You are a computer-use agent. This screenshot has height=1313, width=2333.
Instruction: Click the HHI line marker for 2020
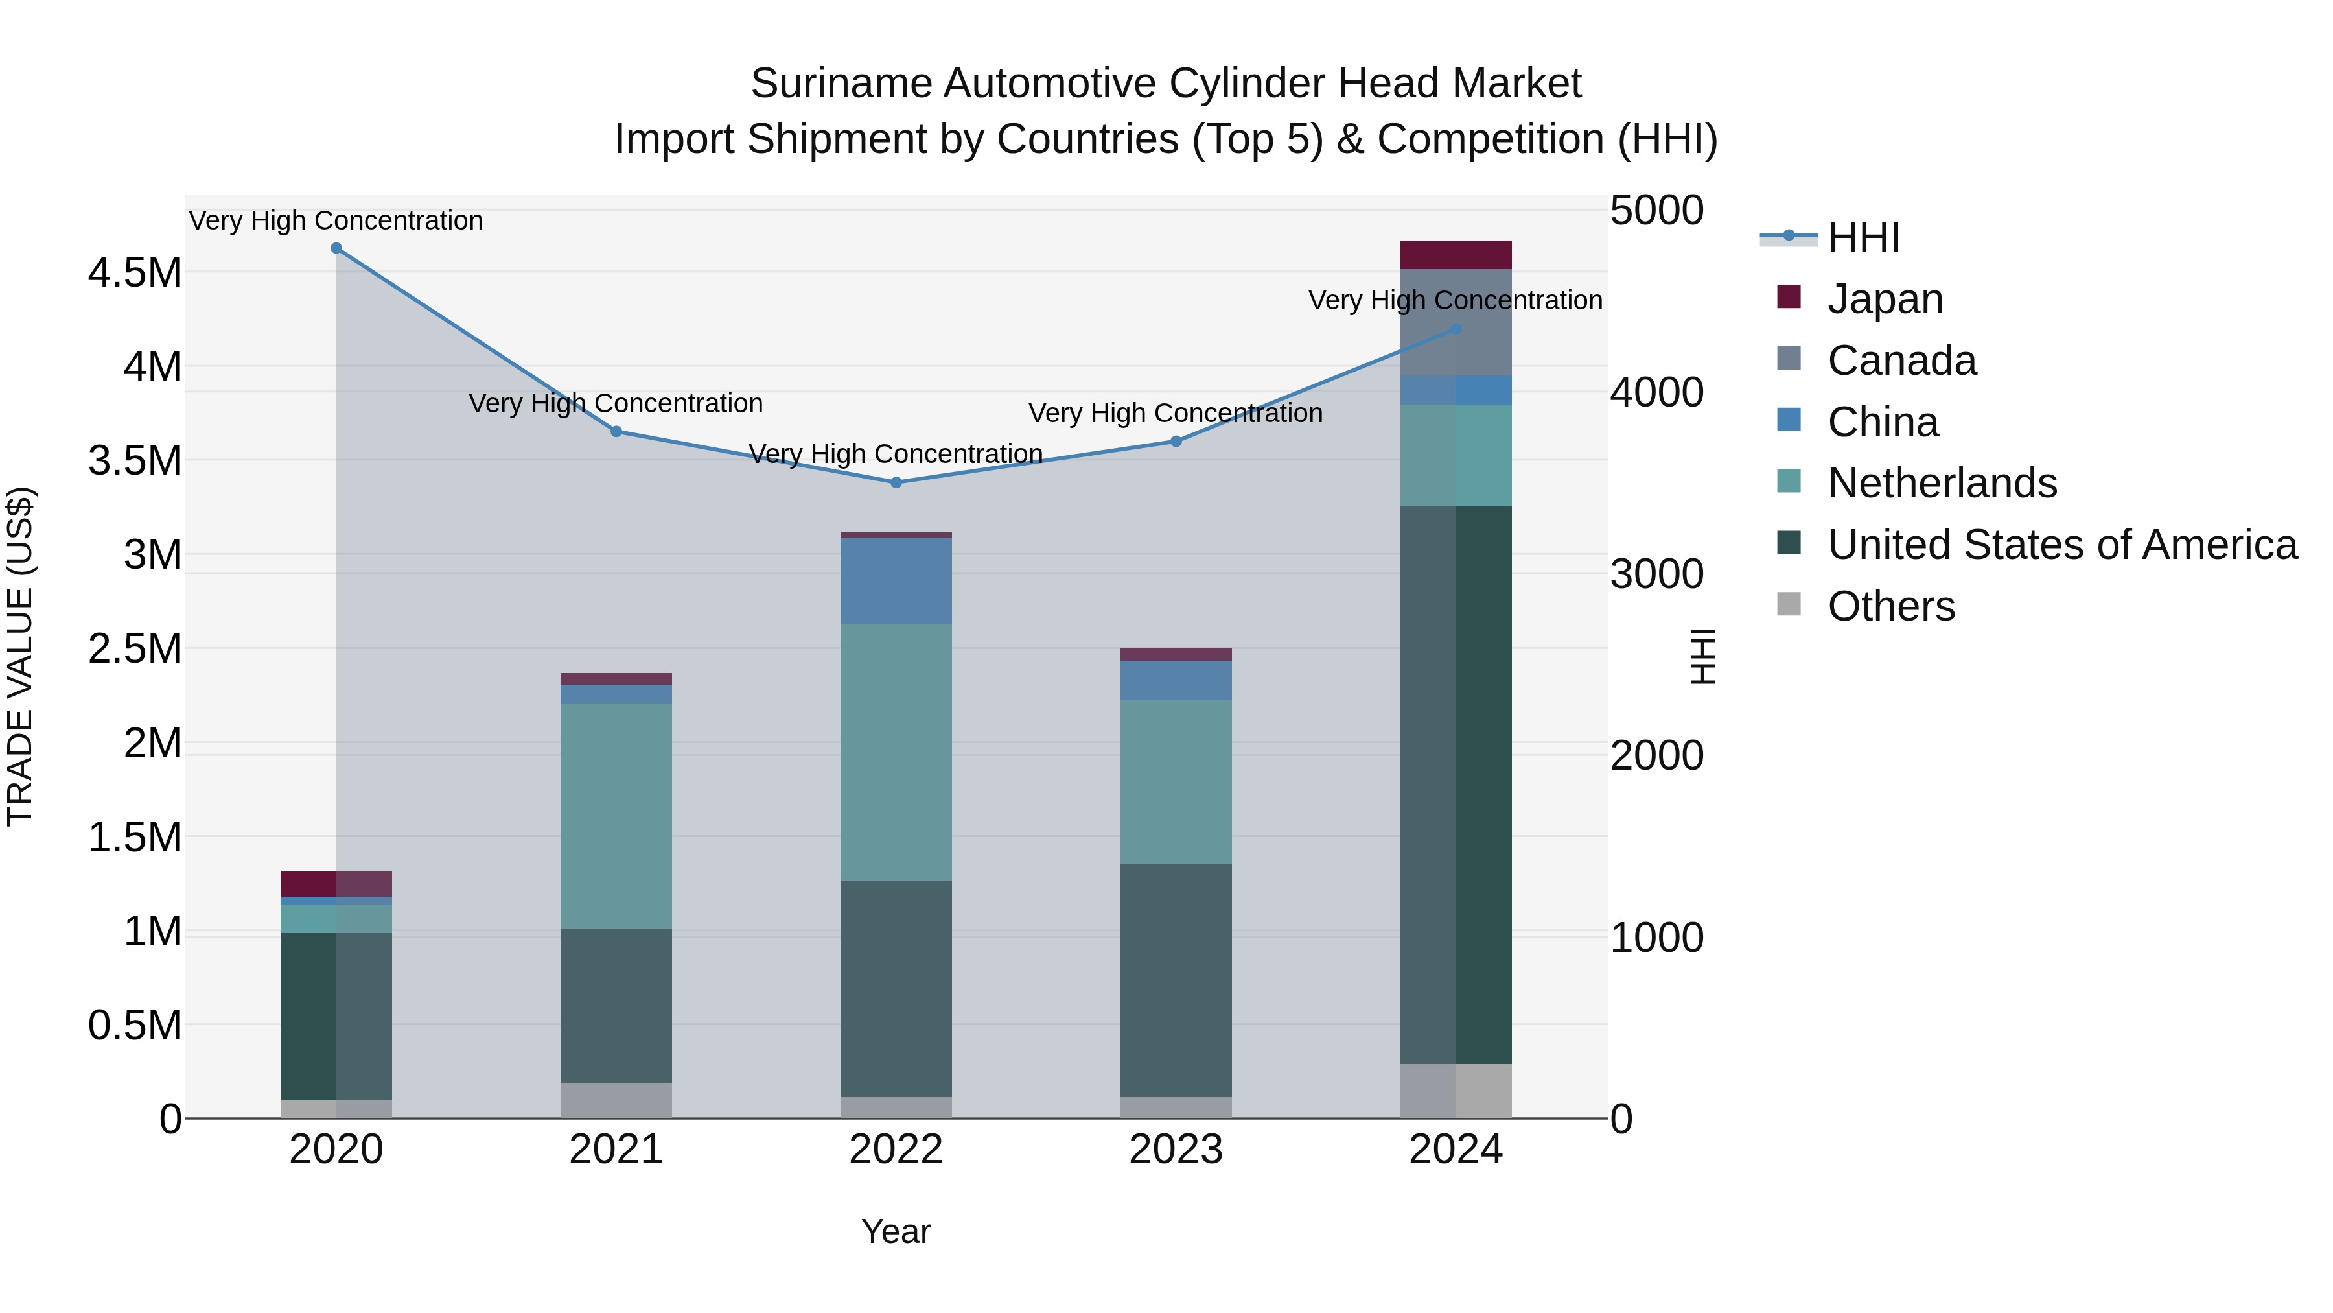coord(336,248)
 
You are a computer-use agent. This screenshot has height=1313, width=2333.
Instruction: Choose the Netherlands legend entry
coord(1942,483)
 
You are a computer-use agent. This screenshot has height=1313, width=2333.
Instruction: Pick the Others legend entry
coord(1891,606)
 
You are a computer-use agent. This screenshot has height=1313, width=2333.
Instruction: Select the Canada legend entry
coord(1901,361)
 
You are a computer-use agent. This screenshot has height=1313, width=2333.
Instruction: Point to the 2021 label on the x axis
coord(616,1150)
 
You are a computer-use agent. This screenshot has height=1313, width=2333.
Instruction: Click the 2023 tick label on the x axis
coord(1176,1150)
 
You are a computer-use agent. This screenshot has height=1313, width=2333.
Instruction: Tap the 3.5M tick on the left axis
coord(135,460)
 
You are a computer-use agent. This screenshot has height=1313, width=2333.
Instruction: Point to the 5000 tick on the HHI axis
coord(1656,210)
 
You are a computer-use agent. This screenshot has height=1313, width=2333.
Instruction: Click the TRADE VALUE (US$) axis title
coord(20,656)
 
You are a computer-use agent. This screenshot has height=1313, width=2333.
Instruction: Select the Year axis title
coord(896,1231)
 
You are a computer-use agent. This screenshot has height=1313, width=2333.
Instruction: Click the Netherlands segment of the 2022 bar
coord(896,752)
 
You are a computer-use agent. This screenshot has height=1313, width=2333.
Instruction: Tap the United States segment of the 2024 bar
coord(1456,785)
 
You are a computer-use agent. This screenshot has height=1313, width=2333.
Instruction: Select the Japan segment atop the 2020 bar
coord(336,884)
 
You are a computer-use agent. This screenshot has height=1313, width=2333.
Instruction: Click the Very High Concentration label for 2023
coord(1176,413)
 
